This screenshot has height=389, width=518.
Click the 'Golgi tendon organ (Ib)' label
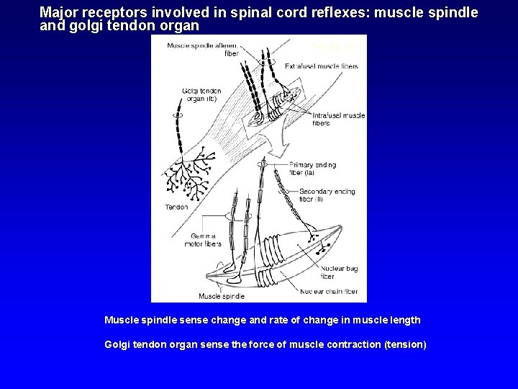[201, 95]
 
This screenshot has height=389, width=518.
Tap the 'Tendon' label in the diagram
[177, 207]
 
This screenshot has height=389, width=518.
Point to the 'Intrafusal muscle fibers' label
[339, 119]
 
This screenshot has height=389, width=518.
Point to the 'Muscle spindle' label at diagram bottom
[222, 296]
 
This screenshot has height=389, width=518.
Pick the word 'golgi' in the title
[80, 24]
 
